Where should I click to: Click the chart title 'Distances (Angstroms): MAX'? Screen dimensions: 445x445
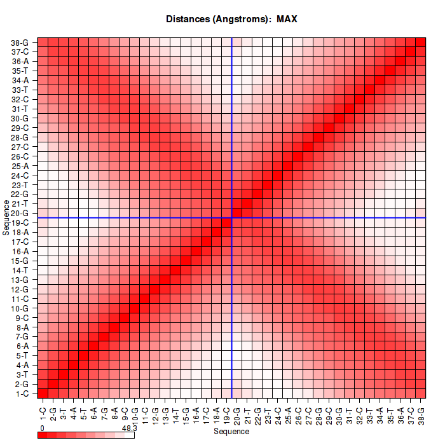coord(231,19)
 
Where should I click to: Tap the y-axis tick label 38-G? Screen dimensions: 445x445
coord(20,43)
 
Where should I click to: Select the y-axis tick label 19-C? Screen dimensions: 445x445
coord(20,223)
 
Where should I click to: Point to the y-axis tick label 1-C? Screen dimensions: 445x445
coord(20,394)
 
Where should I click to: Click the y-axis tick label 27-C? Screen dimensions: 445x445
coord(20,147)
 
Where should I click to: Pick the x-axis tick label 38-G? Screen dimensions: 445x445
coord(420,414)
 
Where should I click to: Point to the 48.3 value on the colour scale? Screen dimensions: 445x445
coord(129,428)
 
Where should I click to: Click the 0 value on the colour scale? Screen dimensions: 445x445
coord(41,428)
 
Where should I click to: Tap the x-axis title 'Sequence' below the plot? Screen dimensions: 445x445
coord(231,432)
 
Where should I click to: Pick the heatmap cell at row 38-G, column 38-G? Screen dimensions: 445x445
coord(420,43)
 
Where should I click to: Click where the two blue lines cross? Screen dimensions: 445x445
coord(232,218)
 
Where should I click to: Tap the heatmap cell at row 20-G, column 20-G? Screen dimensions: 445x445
coord(237,213)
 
